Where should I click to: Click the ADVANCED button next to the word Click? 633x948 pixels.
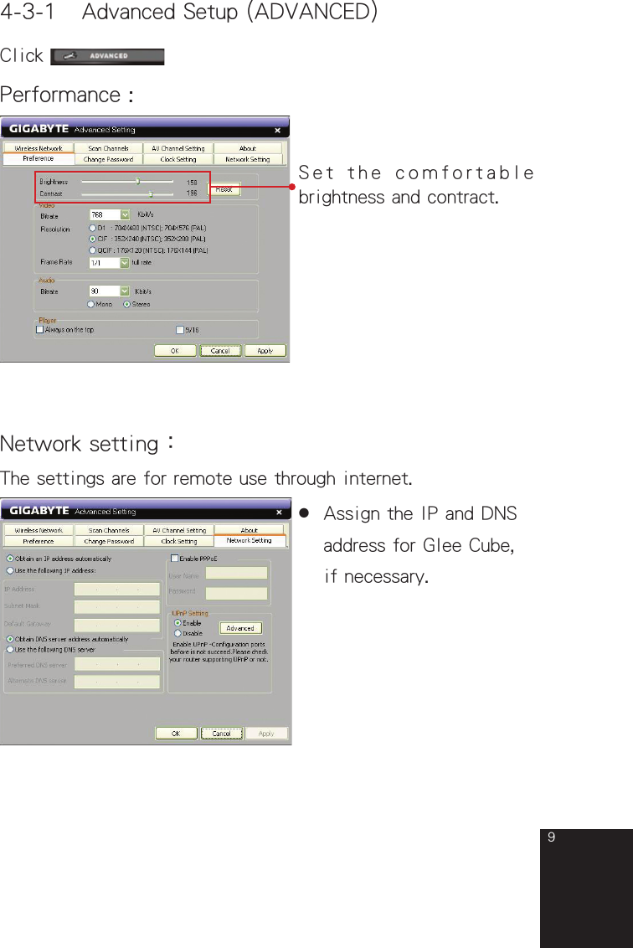click(107, 57)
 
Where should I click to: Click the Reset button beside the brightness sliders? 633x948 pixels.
click(224, 190)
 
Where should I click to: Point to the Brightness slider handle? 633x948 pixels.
click(137, 181)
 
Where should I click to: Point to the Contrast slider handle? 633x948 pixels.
click(151, 193)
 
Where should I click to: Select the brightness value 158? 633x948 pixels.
click(192, 182)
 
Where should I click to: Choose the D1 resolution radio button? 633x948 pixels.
click(91, 227)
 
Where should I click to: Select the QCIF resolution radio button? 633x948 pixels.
click(91, 250)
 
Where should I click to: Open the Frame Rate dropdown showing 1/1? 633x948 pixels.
click(125, 262)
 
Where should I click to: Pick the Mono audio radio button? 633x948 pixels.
click(91, 304)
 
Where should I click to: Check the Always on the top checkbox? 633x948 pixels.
click(39, 330)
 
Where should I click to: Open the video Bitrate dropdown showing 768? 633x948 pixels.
click(125, 214)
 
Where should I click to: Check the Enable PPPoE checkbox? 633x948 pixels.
click(174, 558)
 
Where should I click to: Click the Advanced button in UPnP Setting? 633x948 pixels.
click(240, 628)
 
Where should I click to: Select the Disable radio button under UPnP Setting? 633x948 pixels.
click(178, 633)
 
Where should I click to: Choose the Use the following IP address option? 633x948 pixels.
click(9, 570)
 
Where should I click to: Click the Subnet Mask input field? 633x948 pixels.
click(117, 606)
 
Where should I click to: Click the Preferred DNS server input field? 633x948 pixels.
click(117, 664)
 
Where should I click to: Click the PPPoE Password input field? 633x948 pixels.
click(236, 592)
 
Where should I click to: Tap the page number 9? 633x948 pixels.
click(551, 838)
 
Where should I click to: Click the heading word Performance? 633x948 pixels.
click(60, 95)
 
